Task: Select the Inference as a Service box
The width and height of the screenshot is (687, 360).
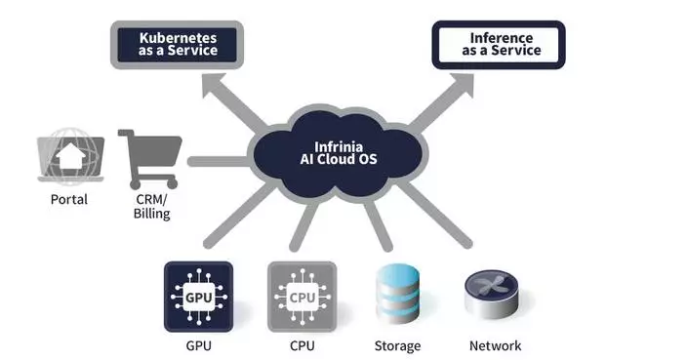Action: pyautogui.click(x=499, y=44)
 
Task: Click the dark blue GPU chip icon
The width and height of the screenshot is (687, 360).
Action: pyautogui.click(x=198, y=296)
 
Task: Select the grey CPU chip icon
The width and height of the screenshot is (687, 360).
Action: pyautogui.click(x=302, y=296)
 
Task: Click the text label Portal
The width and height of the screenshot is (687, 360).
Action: pyautogui.click(x=68, y=200)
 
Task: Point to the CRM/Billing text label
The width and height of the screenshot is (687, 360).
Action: pyautogui.click(x=151, y=207)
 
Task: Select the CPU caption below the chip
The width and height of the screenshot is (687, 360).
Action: pyautogui.click(x=302, y=345)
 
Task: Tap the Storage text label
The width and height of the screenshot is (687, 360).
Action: pyautogui.click(x=397, y=345)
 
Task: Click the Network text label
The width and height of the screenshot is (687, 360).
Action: pyautogui.click(x=495, y=345)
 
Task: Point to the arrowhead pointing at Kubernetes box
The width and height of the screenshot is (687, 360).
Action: pyautogui.click(x=212, y=89)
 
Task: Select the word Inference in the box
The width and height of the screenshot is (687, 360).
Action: pyautogui.click(x=499, y=37)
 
